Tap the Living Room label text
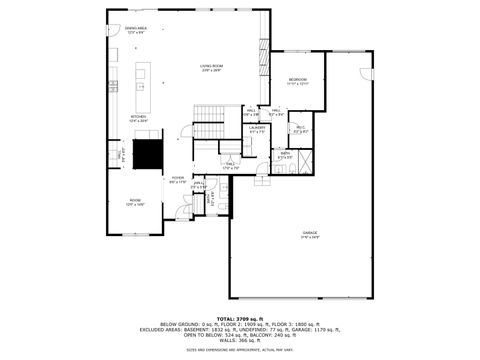[x=211, y=67]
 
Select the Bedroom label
[x=298, y=81]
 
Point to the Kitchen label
[x=138, y=118]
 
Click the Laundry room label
[x=257, y=129]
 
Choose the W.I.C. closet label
[x=300, y=129]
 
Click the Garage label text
[x=311, y=235]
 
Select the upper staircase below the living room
[x=209, y=131]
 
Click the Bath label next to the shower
[x=284, y=155]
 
